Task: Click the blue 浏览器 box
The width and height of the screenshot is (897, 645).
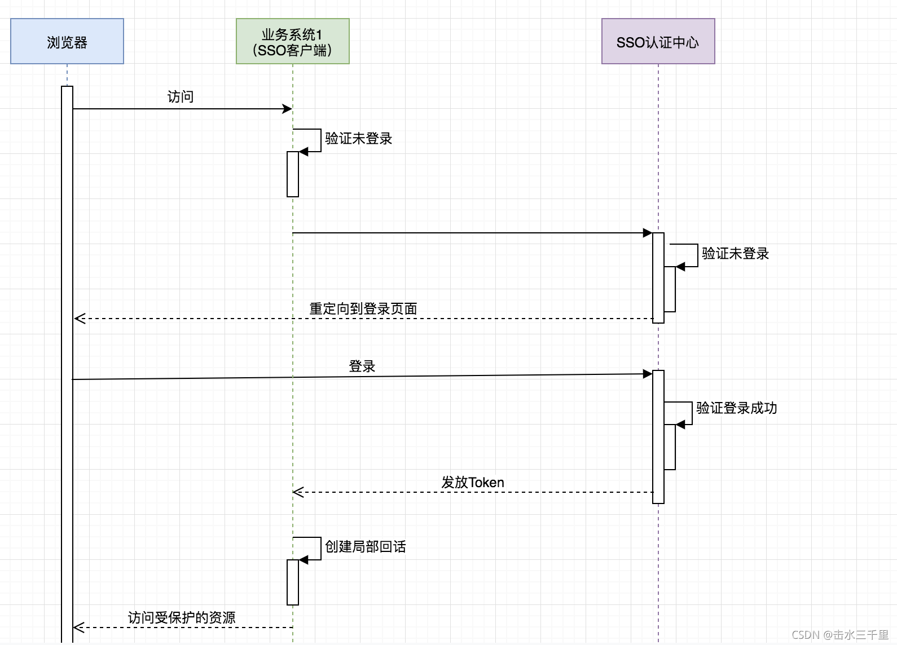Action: click(67, 41)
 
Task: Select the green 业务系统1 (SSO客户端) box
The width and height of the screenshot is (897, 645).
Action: click(292, 41)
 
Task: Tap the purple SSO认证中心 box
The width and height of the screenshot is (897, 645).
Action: click(658, 41)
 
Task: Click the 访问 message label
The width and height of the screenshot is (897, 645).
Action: click(181, 97)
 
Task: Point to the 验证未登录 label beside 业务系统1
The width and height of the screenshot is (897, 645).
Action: click(358, 139)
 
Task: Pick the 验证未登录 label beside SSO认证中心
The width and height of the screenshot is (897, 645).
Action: click(735, 254)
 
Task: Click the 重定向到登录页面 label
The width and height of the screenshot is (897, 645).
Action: click(363, 309)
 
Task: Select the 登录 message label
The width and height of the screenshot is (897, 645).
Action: click(362, 366)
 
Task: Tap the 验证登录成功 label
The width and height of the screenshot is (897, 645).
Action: click(736, 408)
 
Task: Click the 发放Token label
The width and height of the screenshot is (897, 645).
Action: click(473, 483)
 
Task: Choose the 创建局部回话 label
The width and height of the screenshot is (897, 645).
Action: click(365, 547)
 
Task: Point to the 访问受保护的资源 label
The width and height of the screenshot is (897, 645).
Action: click(182, 618)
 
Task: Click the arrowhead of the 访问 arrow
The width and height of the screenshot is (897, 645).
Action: click(288, 109)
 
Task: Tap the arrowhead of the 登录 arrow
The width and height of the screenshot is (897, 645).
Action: click(648, 374)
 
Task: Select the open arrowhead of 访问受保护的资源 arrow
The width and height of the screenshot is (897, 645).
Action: click(79, 628)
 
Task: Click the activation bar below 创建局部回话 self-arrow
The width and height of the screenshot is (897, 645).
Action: click(292, 582)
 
